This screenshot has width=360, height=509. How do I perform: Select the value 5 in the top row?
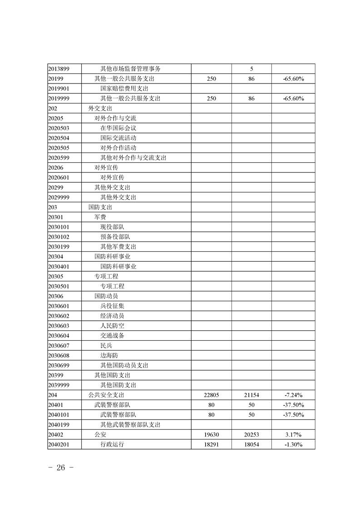tap(252, 69)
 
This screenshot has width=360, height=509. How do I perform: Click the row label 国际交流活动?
tap(118, 138)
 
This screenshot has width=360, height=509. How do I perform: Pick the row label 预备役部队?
tap(115, 237)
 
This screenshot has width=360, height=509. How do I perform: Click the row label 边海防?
tap(109, 355)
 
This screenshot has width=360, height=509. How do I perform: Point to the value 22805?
tap(212, 395)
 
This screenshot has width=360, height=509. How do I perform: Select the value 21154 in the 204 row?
tap(252, 395)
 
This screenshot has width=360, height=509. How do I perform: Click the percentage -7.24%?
tap(293, 395)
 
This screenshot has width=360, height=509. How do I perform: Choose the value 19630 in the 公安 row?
tap(212, 435)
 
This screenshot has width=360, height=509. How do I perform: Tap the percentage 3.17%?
tap(293, 435)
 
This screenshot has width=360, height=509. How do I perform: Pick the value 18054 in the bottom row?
tap(252, 445)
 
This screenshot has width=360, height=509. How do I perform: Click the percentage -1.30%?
tap(293, 445)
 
